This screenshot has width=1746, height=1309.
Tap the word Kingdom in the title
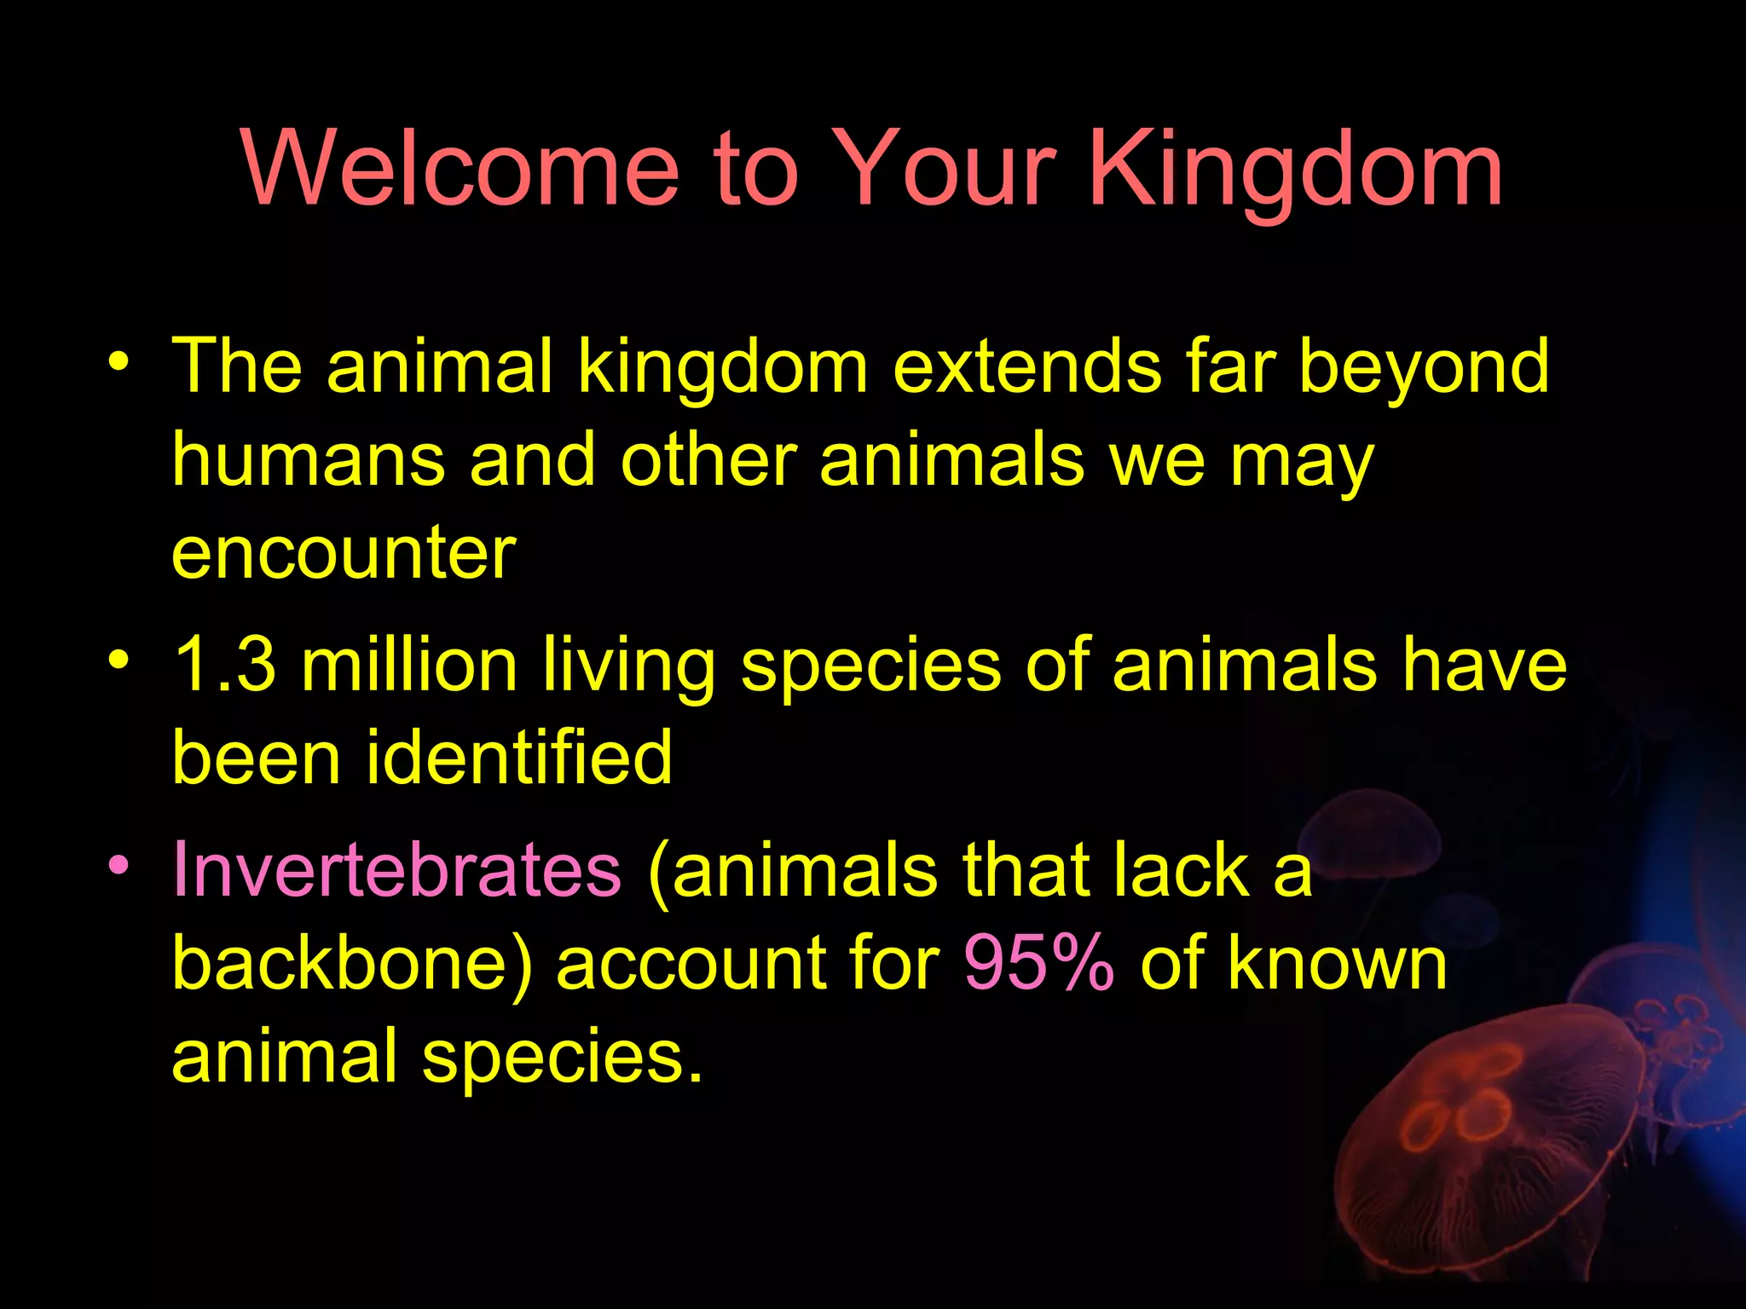tap(1296, 170)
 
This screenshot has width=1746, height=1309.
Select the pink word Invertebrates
tap(396, 870)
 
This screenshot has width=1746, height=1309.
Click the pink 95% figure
tap(1038, 964)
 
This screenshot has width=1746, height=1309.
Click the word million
tap(409, 666)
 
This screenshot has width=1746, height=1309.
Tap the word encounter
tap(344, 553)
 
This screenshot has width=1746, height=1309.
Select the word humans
tap(308, 460)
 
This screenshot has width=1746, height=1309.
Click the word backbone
tap(341, 964)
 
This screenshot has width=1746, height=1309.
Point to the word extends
tap(1026, 366)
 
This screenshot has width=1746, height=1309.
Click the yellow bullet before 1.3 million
tap(119, 660)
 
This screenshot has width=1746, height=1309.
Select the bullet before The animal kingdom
tap(119, 361)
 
